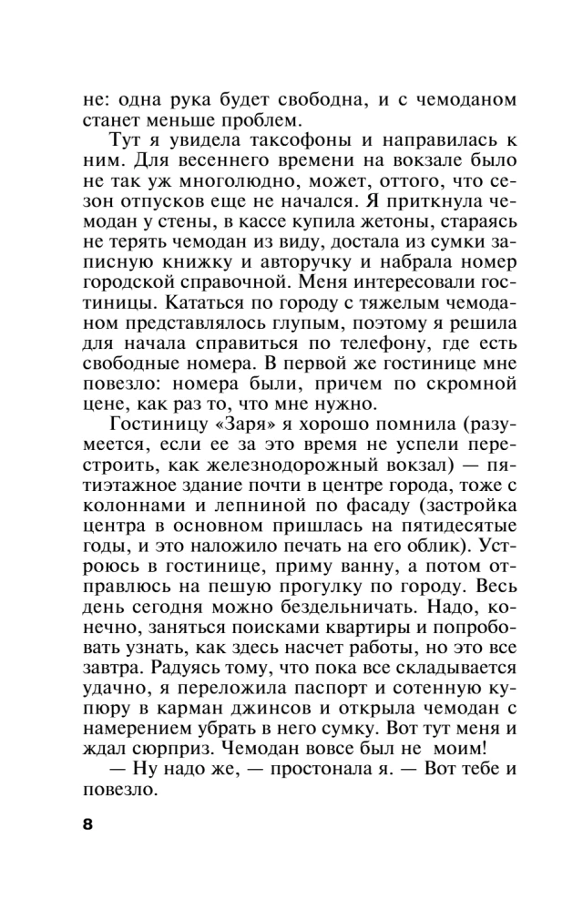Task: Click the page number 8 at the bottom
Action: click(x=88, y=825)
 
